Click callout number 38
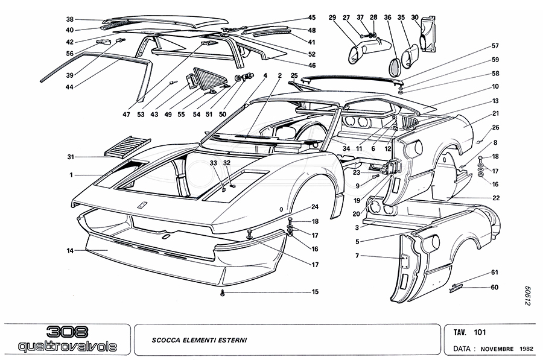(70, 19)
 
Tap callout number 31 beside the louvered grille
(70, 157)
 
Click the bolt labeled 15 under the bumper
(223, 292)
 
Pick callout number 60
(495, 287)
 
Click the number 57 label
(495, 46)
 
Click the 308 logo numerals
(67, 332)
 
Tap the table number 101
(480, 332)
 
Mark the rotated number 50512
(526, 295)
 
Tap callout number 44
(70, 87)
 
